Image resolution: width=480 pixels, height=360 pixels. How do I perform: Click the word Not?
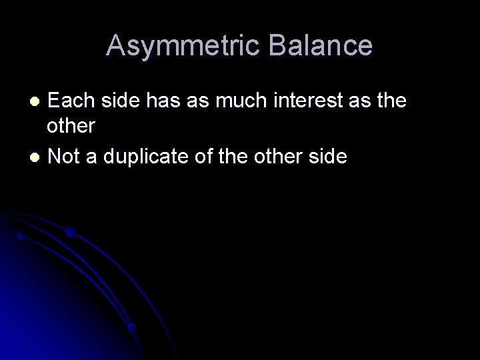tap(65, 157)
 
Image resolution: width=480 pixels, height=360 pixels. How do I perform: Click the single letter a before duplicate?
tap(94, 157)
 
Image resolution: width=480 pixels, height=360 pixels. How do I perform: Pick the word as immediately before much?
tap(197, 101)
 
